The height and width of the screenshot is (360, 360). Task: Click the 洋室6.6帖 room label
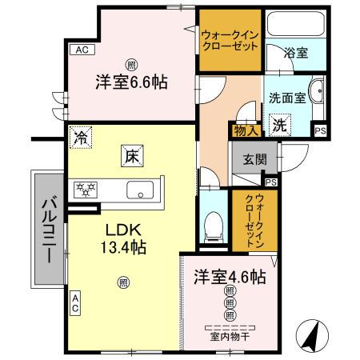(x=133, y=82)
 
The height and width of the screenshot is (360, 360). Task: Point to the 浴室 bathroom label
(x=297, y=54)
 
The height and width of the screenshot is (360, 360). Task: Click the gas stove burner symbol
(x=86, y=190)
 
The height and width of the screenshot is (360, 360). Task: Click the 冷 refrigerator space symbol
(x=80, y=138)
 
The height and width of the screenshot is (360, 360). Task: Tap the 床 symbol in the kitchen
(x=131, y=158)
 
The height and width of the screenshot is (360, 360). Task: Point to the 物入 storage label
(x=245, y=130)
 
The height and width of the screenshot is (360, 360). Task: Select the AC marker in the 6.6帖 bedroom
(x=80, y=50)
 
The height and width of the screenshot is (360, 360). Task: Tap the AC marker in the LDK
(x=74, y=305)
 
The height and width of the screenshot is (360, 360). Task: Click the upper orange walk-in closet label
(x=230, y=40)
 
